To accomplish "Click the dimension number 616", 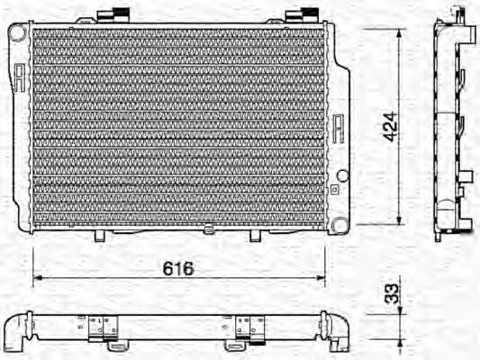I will [178, 269].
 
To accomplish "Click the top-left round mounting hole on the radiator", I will [17, 31].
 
